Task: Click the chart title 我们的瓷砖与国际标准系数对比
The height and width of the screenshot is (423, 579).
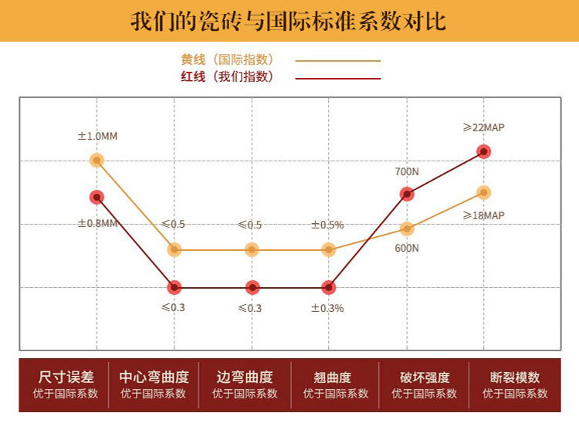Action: (x=289, y=20)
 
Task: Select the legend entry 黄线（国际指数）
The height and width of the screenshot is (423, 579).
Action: (x=227, y=59)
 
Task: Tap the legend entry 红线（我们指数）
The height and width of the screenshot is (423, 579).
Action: (x=227, y=76)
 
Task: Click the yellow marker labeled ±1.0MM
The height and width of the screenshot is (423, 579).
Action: (x=96, y=160)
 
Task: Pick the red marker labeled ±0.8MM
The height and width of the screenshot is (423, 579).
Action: (x=96, y=197)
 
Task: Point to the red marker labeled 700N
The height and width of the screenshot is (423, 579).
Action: (x=406, y=194)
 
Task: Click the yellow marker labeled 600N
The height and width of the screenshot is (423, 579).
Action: (x=406, y=228)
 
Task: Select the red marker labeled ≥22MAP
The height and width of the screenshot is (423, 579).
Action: (x=483, y=151)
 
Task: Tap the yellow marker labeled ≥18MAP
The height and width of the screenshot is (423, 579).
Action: (x=483, y=192)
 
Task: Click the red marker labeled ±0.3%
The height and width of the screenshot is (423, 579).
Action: (x=329, y=287)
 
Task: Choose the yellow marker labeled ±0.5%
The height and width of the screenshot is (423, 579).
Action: (x=329, y=249)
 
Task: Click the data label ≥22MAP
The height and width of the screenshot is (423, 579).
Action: (x=483, y=127)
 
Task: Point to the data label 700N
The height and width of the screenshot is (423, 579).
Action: (x=406, y=171)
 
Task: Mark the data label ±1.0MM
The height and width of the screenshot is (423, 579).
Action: (x=96, y=137)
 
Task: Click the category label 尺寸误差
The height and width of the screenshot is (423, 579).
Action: (x=66, y=377)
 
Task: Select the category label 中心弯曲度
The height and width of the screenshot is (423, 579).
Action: (x=154, y=377)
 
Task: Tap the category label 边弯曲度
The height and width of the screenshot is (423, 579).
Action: (x=245, y=377)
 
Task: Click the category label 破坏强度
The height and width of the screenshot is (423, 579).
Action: (x=424, y=377)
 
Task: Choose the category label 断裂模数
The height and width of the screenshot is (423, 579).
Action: (x=515, y=377)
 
